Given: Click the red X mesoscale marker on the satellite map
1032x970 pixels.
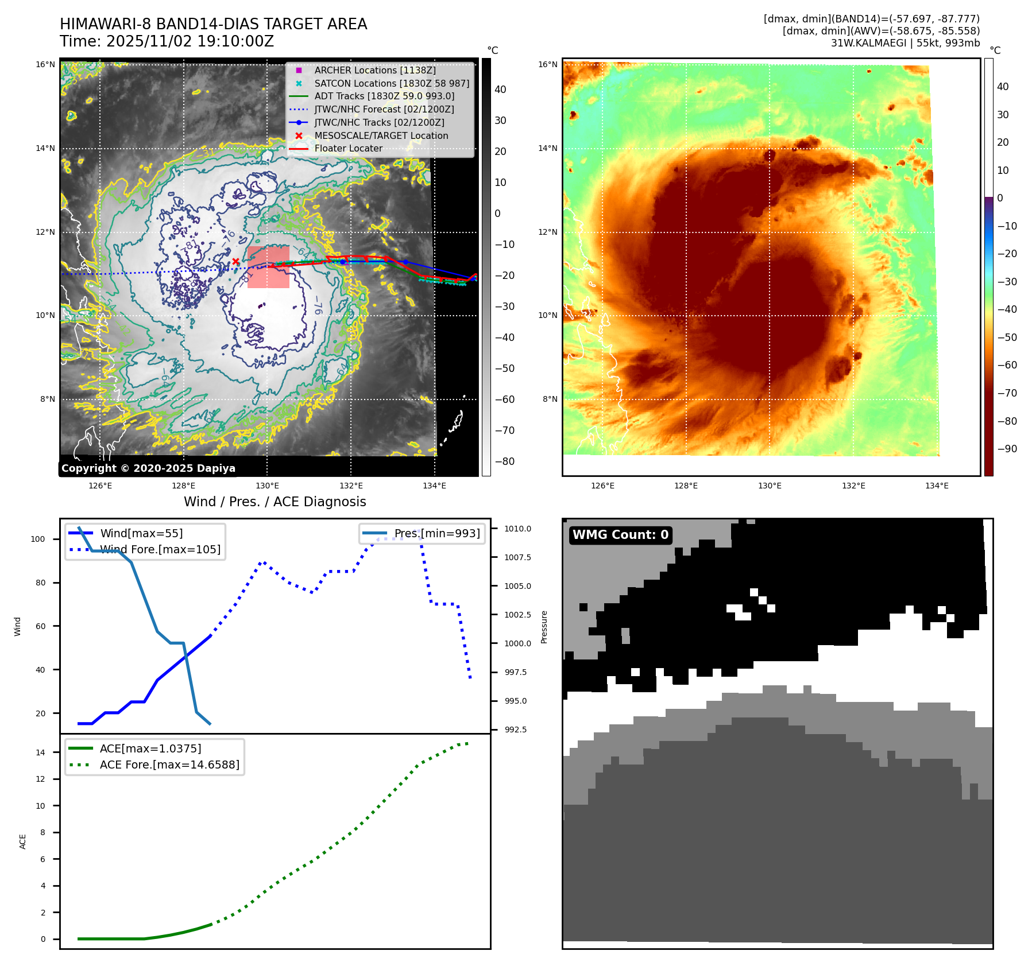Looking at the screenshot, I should pos(235,262).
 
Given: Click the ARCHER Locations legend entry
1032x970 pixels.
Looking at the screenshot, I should pos(374,70).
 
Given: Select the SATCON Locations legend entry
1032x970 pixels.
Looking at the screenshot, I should pos(391,83).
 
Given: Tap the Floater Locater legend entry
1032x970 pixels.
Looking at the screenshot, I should pos(348,148).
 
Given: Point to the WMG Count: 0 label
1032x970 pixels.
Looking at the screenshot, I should pos(620,535).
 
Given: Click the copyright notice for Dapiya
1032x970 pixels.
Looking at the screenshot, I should pos(148,468).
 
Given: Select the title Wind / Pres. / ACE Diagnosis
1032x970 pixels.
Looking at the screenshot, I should pos(275,502).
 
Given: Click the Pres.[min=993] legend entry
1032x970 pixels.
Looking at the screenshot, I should pos(436,533).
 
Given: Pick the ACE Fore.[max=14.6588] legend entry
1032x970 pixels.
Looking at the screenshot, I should pos(169,765).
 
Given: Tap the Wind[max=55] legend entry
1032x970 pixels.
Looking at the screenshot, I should pos(141,533).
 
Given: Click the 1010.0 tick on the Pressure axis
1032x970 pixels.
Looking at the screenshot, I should pos(517,529).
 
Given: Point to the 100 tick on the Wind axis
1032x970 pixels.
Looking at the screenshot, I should pos(37,539).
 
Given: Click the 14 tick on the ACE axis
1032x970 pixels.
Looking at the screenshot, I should pos(40,752).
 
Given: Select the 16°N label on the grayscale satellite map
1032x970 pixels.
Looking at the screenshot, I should pos(45,64).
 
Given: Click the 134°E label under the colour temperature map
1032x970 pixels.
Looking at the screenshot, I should pos(937,486).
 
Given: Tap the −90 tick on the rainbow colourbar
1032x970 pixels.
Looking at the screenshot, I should pos(1007,449).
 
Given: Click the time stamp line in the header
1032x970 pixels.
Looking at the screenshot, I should pos(167,41).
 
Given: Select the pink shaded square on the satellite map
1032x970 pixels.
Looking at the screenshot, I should pos(268,267).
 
